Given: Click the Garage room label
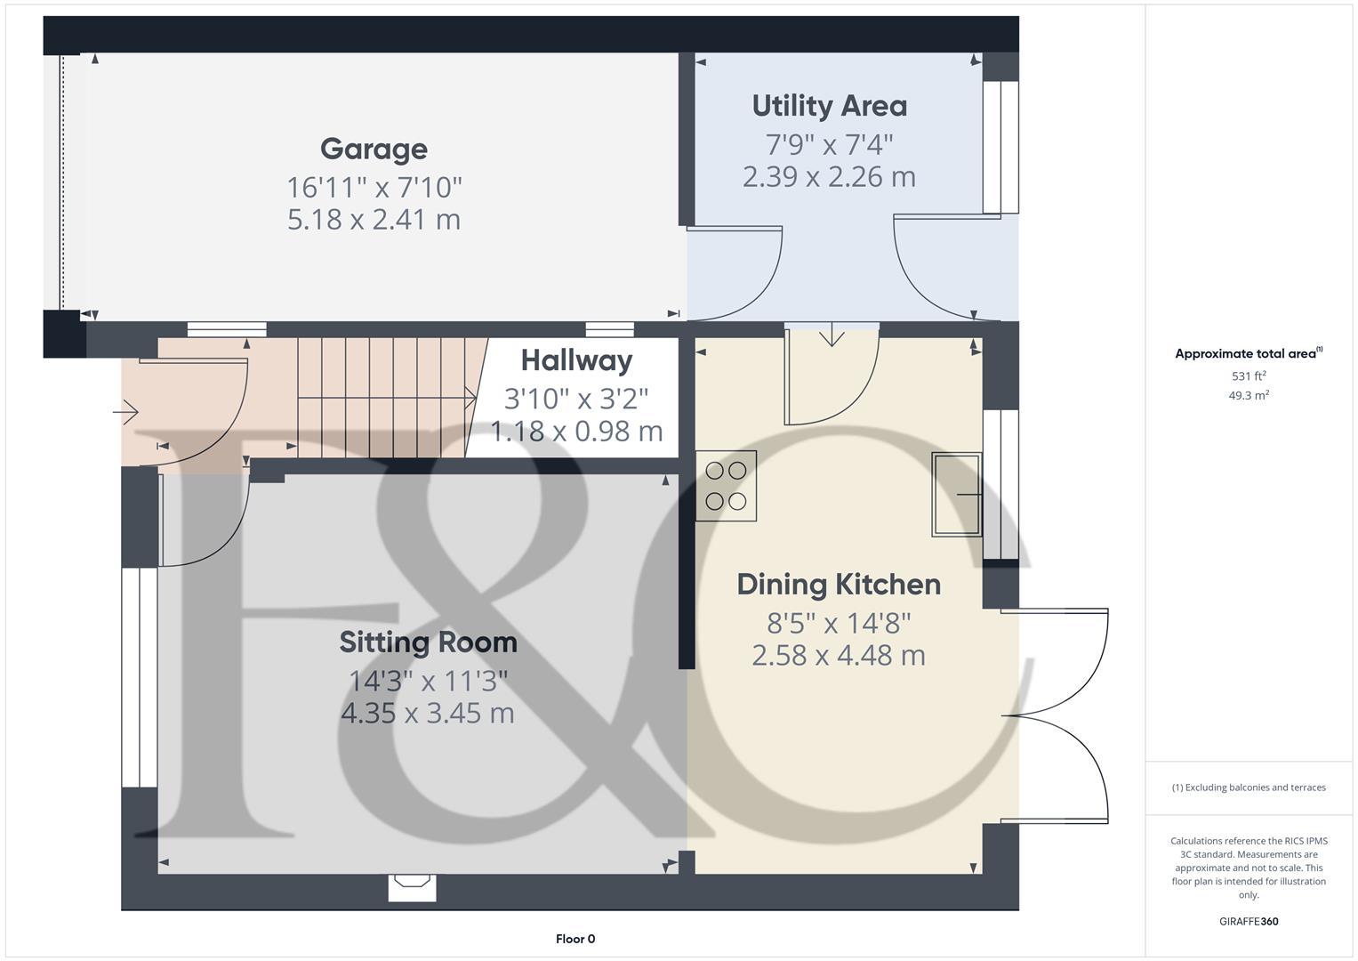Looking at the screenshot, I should tap(374, 149).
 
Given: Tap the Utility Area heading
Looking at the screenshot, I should tap(829, 106).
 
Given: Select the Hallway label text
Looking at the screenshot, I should tap(576, 360).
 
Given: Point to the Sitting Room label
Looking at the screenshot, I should tap(428, 642).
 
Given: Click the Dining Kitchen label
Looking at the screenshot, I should tap(838, 585).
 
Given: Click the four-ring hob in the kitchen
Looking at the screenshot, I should tap(726, 486).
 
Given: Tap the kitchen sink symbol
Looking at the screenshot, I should tap(956, 494).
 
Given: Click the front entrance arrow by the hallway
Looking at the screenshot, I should tap(126, 412).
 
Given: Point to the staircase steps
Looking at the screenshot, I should tap(382, 397).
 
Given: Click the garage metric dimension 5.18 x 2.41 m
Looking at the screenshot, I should tap(374, 220).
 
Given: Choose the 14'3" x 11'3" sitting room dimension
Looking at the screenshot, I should tap(428, 681).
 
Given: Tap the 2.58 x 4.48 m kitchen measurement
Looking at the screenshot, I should tap(838, 656).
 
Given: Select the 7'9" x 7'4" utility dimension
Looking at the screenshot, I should tap(829, 143).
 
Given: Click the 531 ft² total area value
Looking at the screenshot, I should tap(1249, 376).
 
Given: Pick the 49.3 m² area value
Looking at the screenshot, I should tap(1249, 396).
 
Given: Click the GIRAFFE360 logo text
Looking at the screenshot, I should tap(1249, 922).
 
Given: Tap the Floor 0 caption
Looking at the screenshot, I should tap(575, 939).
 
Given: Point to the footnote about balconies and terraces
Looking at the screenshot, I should tap(1249, 787).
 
